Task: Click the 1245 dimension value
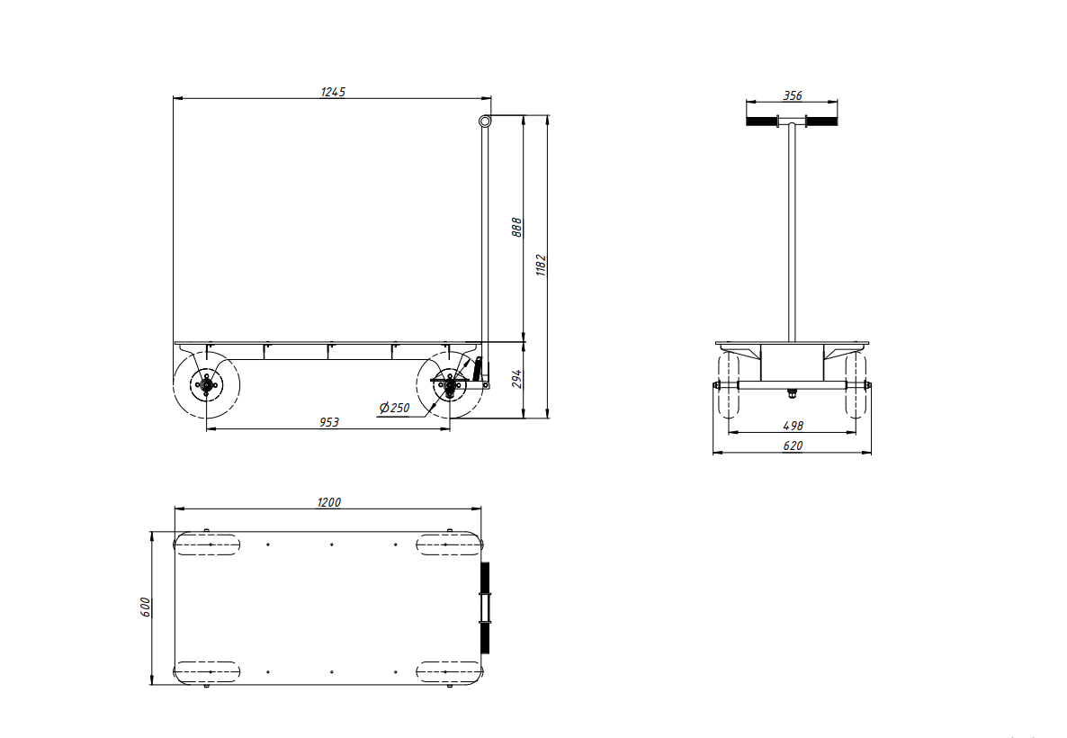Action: [x=333, y=92]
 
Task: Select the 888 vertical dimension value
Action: [x=517, y=228]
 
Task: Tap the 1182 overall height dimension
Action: [x=542, y=265]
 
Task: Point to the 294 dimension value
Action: [x=517, y=379]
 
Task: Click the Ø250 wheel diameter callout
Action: [x=395, y=408]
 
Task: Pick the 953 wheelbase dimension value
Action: [x=329, y=422]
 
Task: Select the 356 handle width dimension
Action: [x=793, y=96]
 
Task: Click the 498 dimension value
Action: [x=794, y=426]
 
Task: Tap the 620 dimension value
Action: [x=794, y=445]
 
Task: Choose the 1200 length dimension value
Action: [x=329, y=502]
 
